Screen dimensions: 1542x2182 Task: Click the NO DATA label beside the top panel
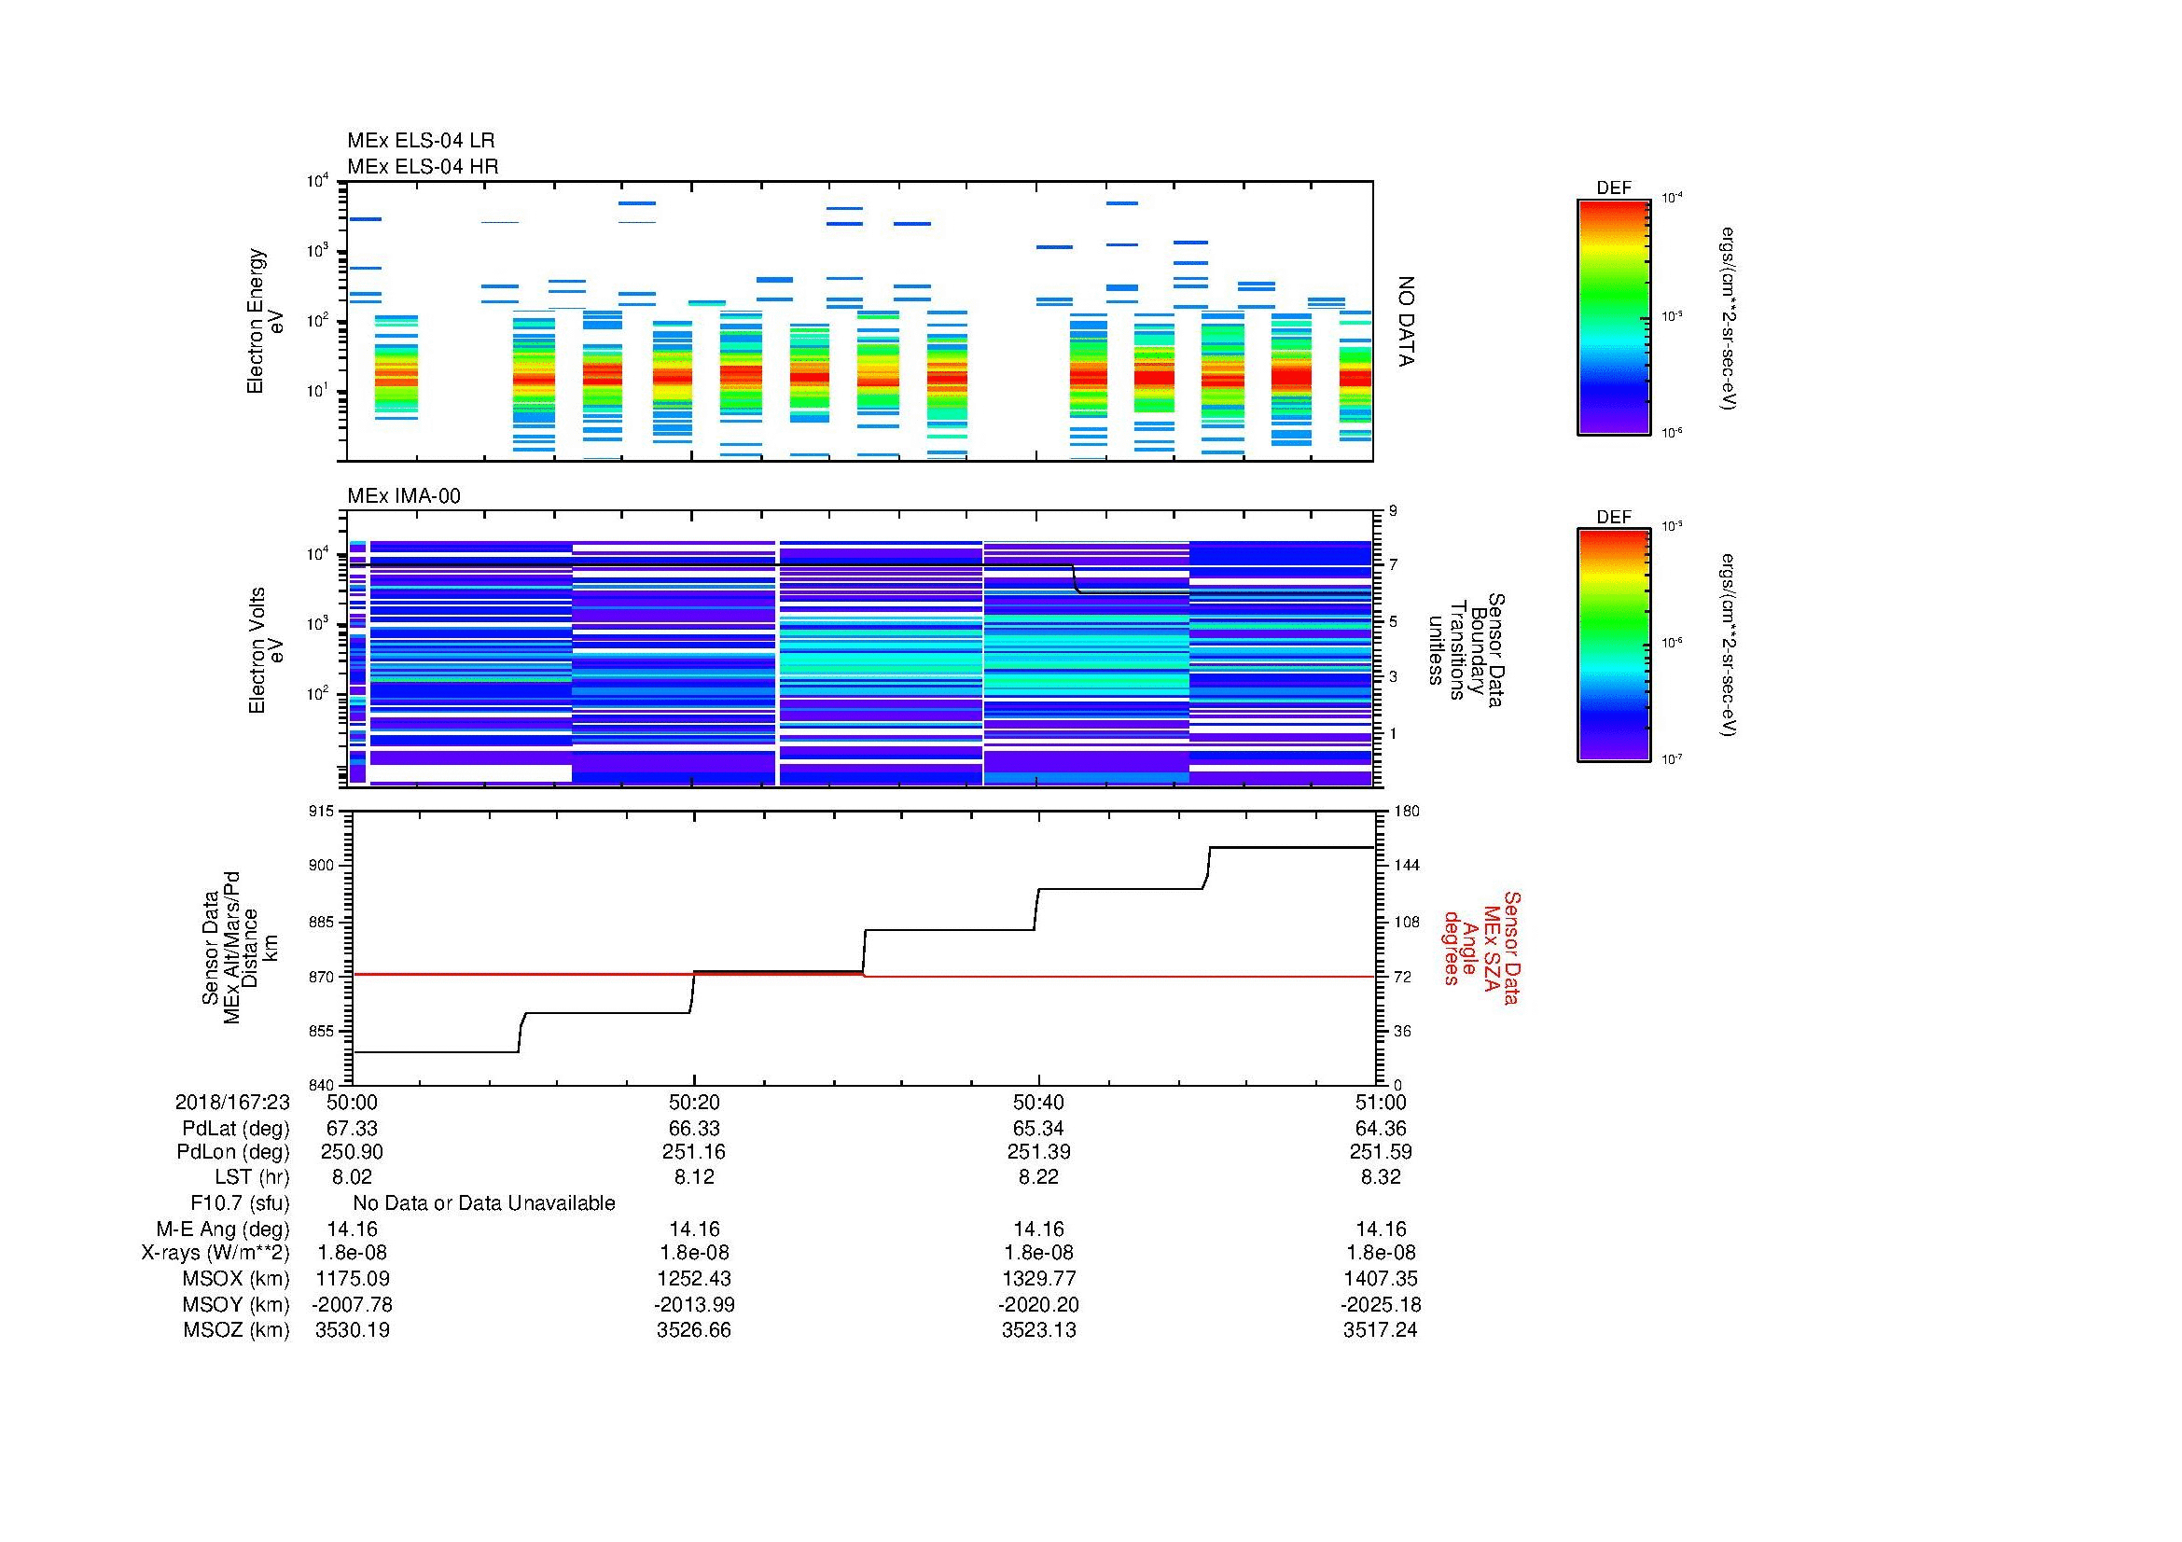1407,321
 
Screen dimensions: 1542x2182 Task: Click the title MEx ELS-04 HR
423,166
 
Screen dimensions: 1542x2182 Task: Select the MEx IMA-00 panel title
404,496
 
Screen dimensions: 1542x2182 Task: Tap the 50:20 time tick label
694,1102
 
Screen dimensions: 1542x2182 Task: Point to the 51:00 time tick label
1381,1102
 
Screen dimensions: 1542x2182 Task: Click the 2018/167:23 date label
232,1102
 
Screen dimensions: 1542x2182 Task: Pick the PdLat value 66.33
694,1129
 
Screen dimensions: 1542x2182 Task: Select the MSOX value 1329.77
1038,1279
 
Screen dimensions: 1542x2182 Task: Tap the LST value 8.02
352,1177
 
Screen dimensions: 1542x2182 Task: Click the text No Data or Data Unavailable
484,1202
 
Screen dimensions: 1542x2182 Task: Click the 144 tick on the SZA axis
1407,866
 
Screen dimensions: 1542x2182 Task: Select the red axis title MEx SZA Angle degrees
1480,947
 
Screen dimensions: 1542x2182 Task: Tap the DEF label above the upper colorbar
1614,188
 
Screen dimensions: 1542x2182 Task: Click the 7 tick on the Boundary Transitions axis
1394,565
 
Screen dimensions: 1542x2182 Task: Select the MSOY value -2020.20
1038,1304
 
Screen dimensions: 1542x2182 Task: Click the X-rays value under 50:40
1038,1253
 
